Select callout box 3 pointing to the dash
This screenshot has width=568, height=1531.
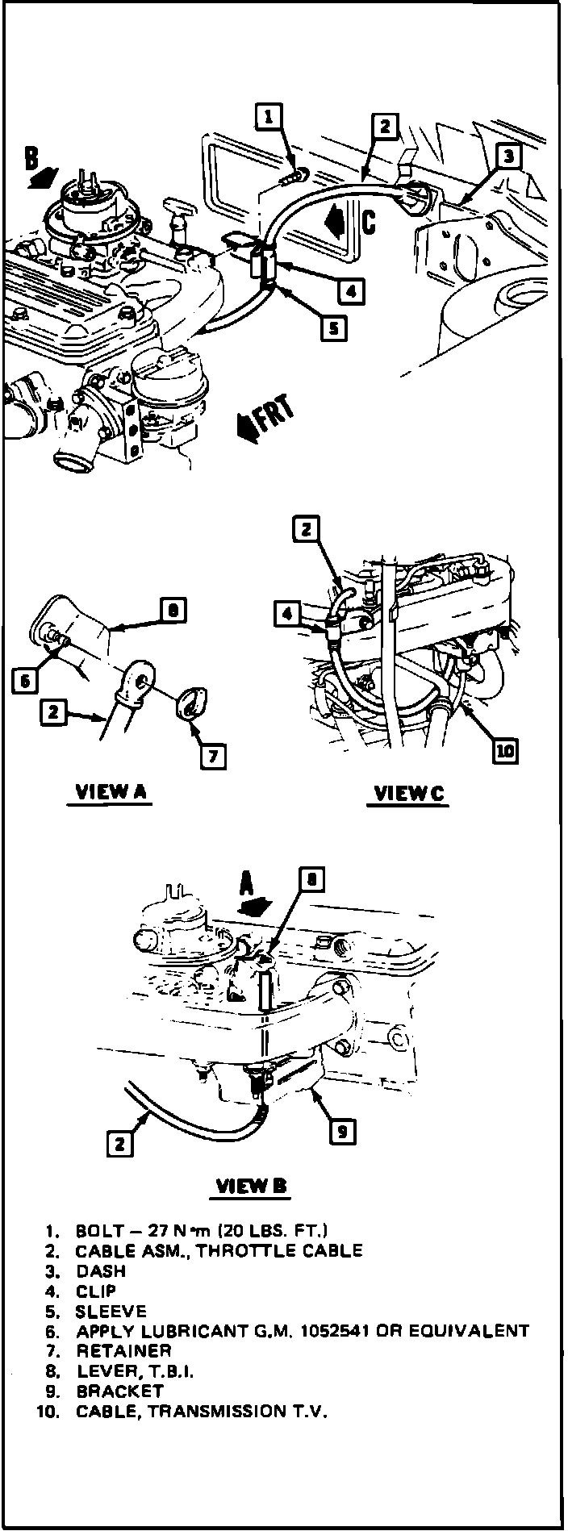point(507,156)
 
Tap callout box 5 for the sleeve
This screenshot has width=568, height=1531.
point(332,327)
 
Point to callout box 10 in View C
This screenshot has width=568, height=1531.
point(505,751)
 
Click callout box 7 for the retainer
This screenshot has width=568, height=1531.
point(213,756)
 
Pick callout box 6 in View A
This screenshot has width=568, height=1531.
point(25,681)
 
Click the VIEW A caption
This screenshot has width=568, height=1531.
point(111,792)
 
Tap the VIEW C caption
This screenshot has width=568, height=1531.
point(408,794)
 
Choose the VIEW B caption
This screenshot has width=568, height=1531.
point(251,1185)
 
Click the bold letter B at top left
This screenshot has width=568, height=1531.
point(31,158)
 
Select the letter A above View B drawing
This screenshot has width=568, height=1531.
point(246,885)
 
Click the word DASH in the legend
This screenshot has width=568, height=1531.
point(101,1271)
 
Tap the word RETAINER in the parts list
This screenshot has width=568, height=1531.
point(123,1350)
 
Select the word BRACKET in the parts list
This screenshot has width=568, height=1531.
point(119,1391)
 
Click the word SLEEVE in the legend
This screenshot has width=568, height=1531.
point(111,1311)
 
